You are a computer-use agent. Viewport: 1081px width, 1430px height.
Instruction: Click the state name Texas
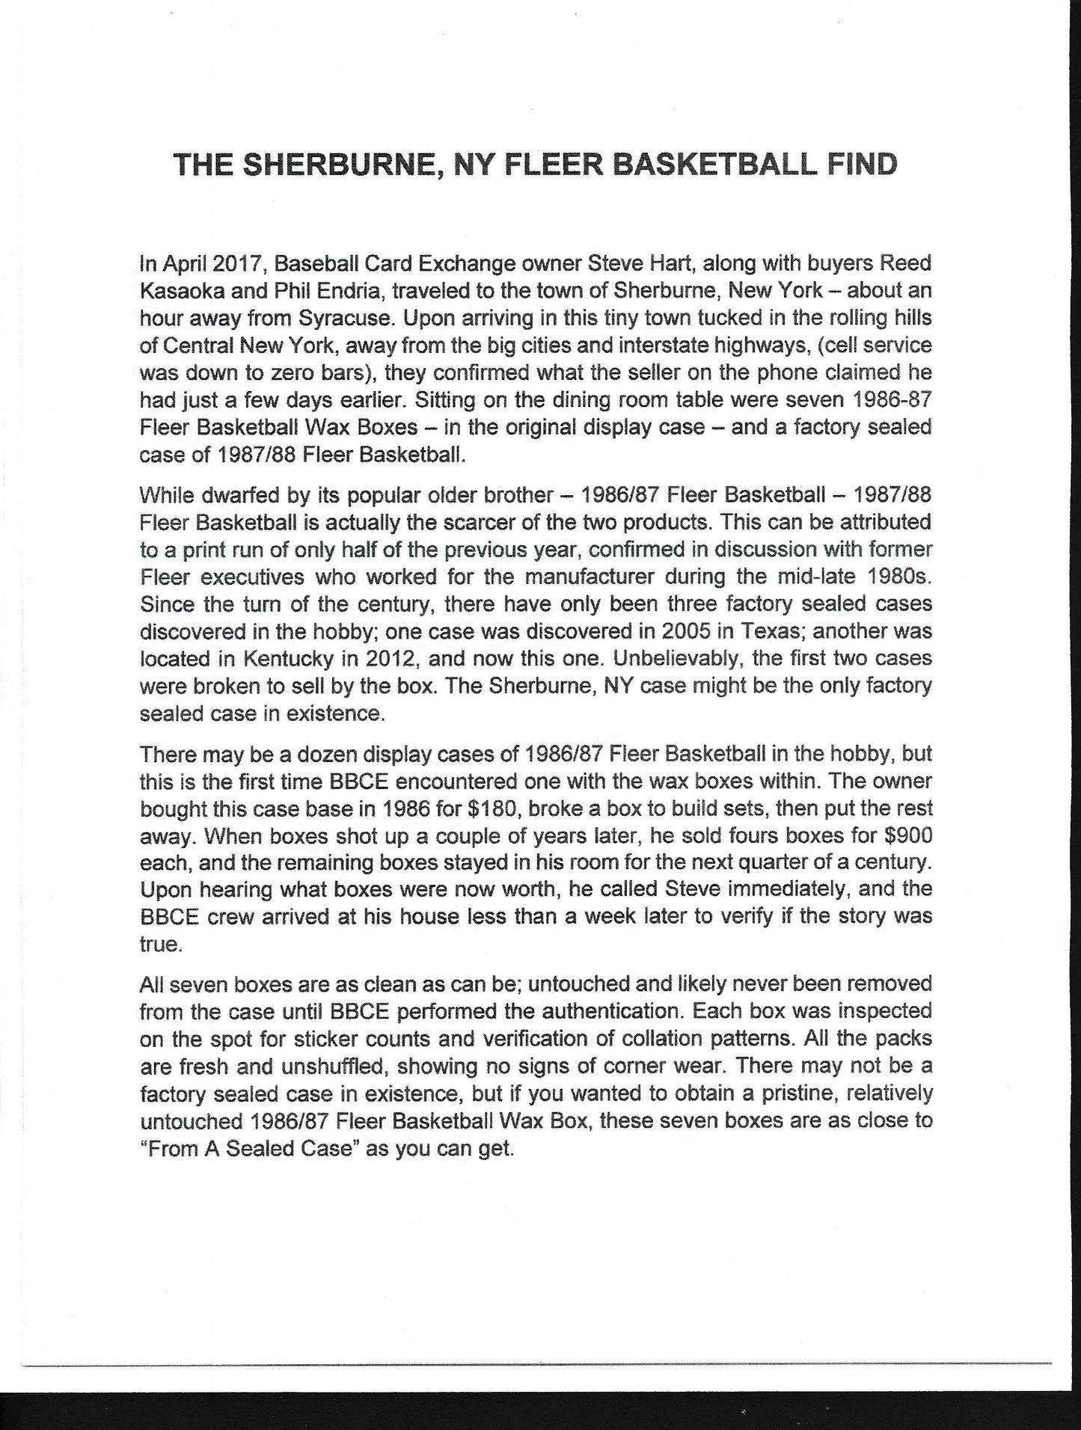pyautogui.click(x=771, y=631)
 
